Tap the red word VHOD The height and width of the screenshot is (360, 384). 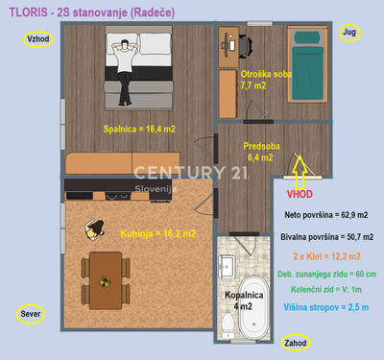tap(300, 194)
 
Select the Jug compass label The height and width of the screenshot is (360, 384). tap(349, 33)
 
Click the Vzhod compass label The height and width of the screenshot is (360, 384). tap(38, 39)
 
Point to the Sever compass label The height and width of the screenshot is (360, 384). tap(31, 314)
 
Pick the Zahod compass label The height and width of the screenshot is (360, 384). tap(296, 343)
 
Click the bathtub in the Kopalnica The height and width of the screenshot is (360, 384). tap(253, 308)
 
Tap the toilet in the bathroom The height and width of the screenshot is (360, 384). tap(228, 325)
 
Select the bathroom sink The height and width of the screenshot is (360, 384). tap(227, 267)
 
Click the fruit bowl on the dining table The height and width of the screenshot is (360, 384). tap(105, 282)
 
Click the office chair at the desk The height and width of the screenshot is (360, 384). tap(245, 47)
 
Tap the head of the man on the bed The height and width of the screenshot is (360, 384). tap(125, 44)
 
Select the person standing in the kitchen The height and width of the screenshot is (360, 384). tap(94, 228)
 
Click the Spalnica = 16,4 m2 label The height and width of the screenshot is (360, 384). tap(139, 129)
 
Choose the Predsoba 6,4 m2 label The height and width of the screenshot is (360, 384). tap(261, 152)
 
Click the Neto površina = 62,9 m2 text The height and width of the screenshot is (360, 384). tap(326, 215)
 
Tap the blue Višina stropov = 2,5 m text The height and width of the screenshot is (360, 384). tap(326, 307)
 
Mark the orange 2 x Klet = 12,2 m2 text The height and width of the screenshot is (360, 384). tap(326, 256)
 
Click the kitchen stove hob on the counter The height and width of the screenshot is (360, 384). tap(118, 196)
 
